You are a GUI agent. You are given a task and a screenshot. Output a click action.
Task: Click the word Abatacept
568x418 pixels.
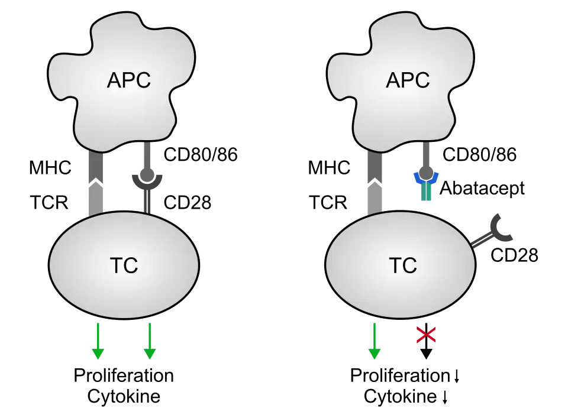[x=482, y=189]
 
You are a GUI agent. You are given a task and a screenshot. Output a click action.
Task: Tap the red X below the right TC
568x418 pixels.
[x=426, y=335]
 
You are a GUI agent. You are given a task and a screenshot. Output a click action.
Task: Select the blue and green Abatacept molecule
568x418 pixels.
[x=426, y=186]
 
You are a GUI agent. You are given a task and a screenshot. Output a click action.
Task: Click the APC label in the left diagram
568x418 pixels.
[x=128, y=80]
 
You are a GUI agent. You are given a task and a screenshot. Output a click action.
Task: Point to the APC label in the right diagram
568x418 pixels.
[x=408, y=80]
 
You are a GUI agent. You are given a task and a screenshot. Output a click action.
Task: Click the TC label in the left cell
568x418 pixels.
[x=124, y=265]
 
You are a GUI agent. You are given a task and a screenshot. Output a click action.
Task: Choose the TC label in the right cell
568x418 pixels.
[x=403, y=265]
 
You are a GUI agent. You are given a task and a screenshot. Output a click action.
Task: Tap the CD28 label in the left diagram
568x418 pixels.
[x=188, y=202]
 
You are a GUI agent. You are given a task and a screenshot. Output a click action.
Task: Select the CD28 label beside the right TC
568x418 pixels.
[x=514, y=255]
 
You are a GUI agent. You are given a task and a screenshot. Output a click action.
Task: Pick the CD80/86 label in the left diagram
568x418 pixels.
[x=201, y=154]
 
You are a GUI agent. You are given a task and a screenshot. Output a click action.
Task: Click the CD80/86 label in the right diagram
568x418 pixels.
[x=479, y=154]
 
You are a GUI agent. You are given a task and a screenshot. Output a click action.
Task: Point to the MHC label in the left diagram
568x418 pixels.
[x=50, y=168]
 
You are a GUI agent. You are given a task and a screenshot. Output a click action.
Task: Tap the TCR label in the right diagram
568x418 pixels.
[x=328, y=202]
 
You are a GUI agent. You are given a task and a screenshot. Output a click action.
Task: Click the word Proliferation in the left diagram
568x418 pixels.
[x=124, y=375]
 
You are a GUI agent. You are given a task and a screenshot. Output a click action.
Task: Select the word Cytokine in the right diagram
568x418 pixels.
[x=400, y=396]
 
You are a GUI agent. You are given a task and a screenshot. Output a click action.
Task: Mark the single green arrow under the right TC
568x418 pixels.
[x=374, y=341]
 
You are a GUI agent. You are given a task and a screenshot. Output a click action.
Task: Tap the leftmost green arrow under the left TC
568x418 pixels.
[x=98, y=341]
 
